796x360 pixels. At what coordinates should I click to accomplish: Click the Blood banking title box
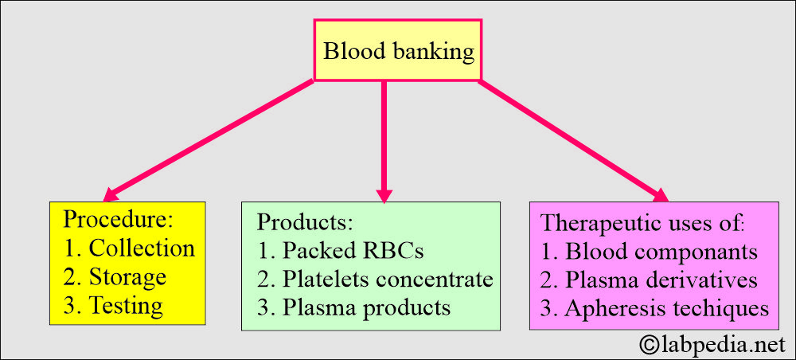tap(397, 50)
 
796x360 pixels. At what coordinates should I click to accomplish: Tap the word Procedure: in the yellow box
tap(119, 220)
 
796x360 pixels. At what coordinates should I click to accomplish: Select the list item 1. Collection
tap(130, 248)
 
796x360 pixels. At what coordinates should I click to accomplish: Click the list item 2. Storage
tap(115, 277)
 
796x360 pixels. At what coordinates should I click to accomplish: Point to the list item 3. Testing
tap(114, 306)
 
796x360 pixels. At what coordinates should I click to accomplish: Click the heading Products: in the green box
tap(305, 222)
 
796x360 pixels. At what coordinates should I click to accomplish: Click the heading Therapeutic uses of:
tap(643, 224)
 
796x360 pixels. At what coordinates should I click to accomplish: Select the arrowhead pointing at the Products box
tap(384, 195)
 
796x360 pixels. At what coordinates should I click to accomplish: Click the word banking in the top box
tap(435, 52)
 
